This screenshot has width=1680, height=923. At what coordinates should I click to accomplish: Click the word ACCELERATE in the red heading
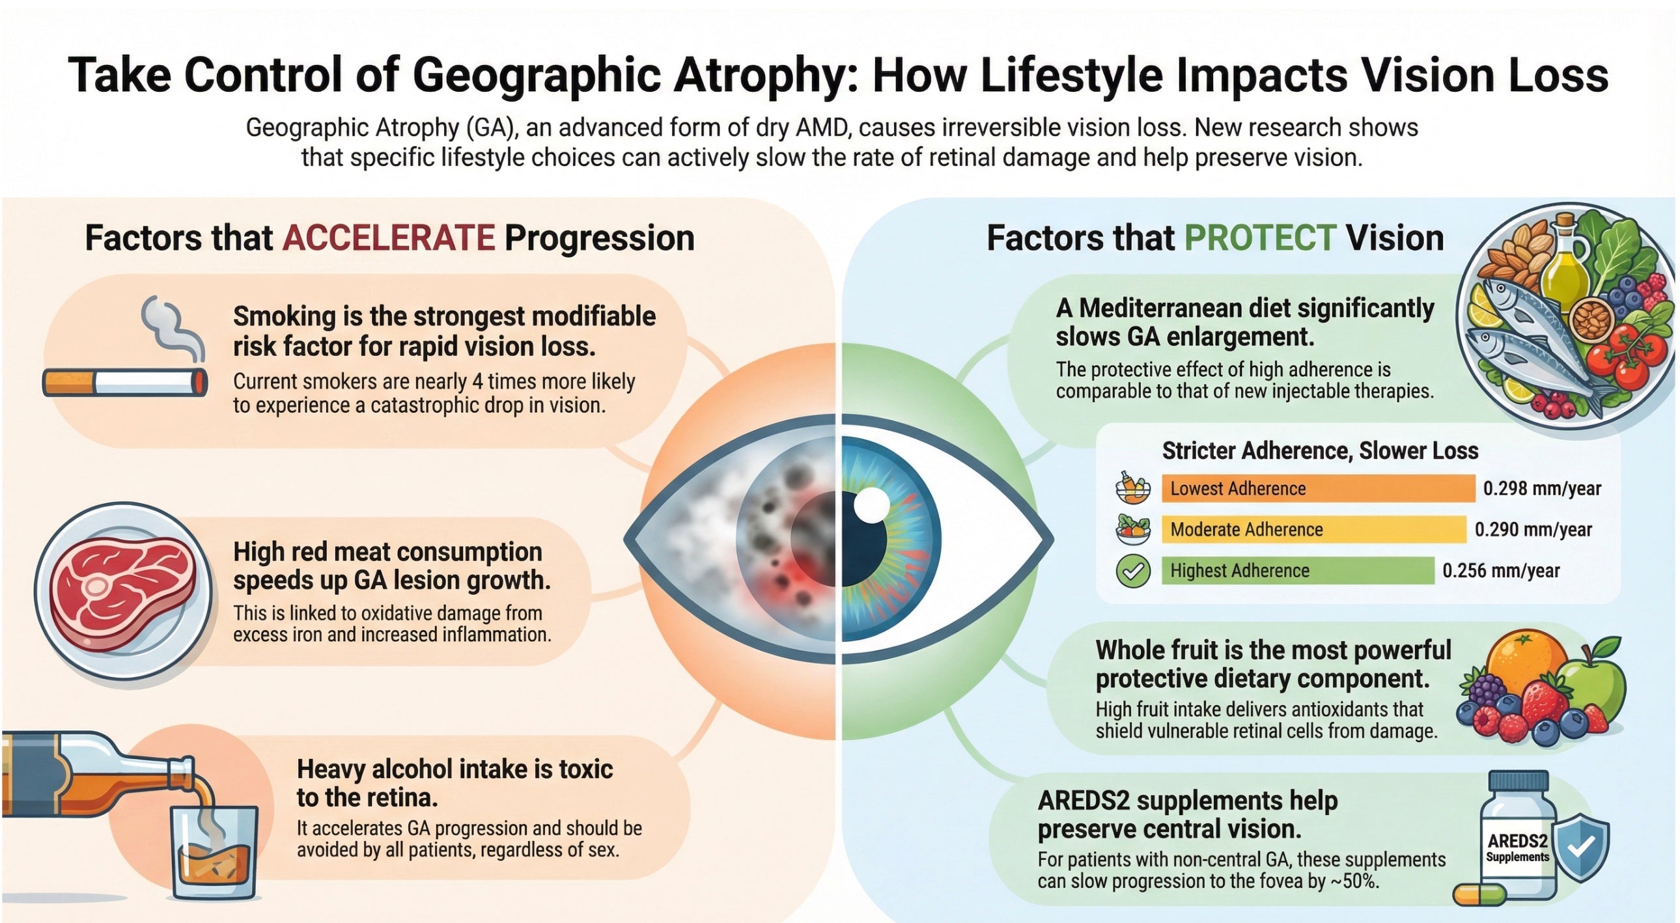pyautogui.click(x=388, y=238)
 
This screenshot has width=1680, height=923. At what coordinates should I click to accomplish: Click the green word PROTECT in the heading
pyautogui.click(x=1259, y=238)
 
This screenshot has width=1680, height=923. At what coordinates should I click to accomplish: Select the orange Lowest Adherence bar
pyautogui.click(x=1317, y=488)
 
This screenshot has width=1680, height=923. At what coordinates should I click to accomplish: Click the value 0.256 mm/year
pyautogui.click(x=1500, y=571)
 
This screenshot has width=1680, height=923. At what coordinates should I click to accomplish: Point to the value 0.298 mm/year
pyautogui.click(x=1541, y=488)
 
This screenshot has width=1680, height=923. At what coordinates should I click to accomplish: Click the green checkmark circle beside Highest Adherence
pyautogui.click(x=1133, y=571)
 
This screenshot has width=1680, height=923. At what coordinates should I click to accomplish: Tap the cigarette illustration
pyautogui.click(x=124, y=383)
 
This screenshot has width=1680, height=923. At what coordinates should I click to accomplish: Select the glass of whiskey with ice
pyautogui.click(x=214, y=851)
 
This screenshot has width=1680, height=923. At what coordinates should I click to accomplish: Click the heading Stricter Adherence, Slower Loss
pyautogui.click(x=1319, y=450)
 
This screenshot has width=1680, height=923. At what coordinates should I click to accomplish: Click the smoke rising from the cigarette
pyautogui.click(x=171, y=326)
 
